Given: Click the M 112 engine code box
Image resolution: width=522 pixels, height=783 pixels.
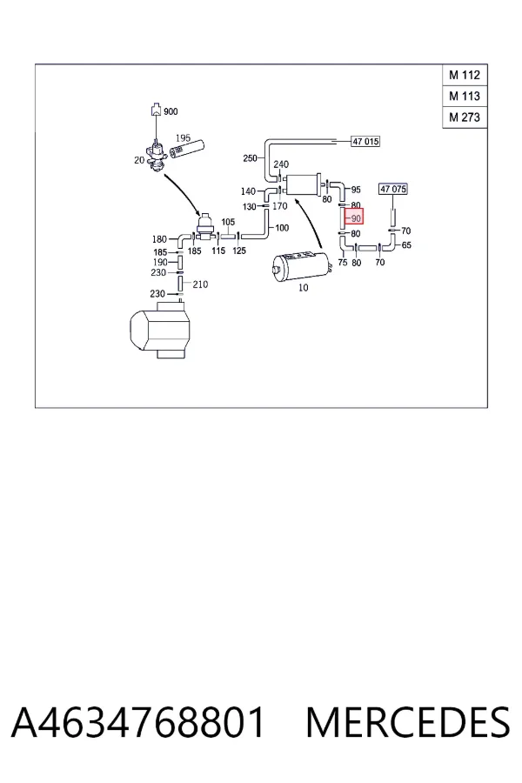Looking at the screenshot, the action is [x=465, y=75].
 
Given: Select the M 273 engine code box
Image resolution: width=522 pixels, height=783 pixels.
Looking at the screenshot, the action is [x=465, y=117].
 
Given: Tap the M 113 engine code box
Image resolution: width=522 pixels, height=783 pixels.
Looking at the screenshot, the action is [x=465, y=96].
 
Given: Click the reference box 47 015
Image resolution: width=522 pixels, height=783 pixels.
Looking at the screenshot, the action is [x=365, y=141].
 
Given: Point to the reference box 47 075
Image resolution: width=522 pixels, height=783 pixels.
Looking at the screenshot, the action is [x=393, y=189].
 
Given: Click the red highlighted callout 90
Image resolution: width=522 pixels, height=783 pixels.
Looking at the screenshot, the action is [x=354, y=217].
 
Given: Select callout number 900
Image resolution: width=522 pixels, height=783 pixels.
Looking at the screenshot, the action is [x=171, y=111].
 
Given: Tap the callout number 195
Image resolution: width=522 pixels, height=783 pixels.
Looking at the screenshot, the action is [x=183, y=137].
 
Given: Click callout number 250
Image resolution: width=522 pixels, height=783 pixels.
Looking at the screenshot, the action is [x=250, y=158].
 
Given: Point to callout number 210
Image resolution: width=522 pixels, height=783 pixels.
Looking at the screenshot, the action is [x=200, y=284].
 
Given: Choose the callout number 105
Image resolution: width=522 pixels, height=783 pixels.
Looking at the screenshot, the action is [x=228, y=222].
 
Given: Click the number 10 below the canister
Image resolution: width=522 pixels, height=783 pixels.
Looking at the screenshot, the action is [x=304, y=288].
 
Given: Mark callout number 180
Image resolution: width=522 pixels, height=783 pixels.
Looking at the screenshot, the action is [x=159, y=239].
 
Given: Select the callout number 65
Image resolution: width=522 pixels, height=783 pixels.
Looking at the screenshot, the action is [x=406, y=245].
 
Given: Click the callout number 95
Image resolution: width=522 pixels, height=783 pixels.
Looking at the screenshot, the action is [x=356, y=190].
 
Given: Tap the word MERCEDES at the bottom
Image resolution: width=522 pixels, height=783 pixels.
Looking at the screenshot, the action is [x=408, y=722].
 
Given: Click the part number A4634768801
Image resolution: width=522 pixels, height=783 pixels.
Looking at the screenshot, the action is [x=137, y=722].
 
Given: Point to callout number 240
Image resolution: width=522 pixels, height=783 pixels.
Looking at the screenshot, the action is [x=281, y=164].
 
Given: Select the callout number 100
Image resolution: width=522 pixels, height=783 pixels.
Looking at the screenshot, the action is [x=282, y=228].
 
